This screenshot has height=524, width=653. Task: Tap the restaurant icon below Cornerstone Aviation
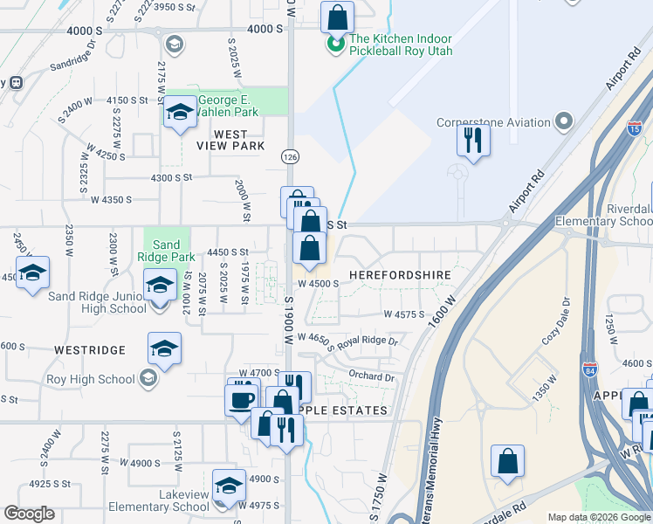[x=473, y=139]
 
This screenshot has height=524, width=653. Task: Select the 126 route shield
[x=288, y=155]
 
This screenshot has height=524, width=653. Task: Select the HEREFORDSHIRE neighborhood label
[x=400, y=275]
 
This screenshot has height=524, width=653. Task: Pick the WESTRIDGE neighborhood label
[x=90, y=350]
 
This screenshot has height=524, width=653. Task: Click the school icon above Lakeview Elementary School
[x=229, y=484]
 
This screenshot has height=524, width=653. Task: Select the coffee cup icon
[x=242, y=398]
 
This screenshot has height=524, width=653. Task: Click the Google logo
[x=31, y=514]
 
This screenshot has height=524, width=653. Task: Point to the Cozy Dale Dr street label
[x=555, y=321]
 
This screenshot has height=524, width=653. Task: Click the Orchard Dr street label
[x=372, y=377]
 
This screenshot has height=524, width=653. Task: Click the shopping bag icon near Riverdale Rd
[x=507, y=459]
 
